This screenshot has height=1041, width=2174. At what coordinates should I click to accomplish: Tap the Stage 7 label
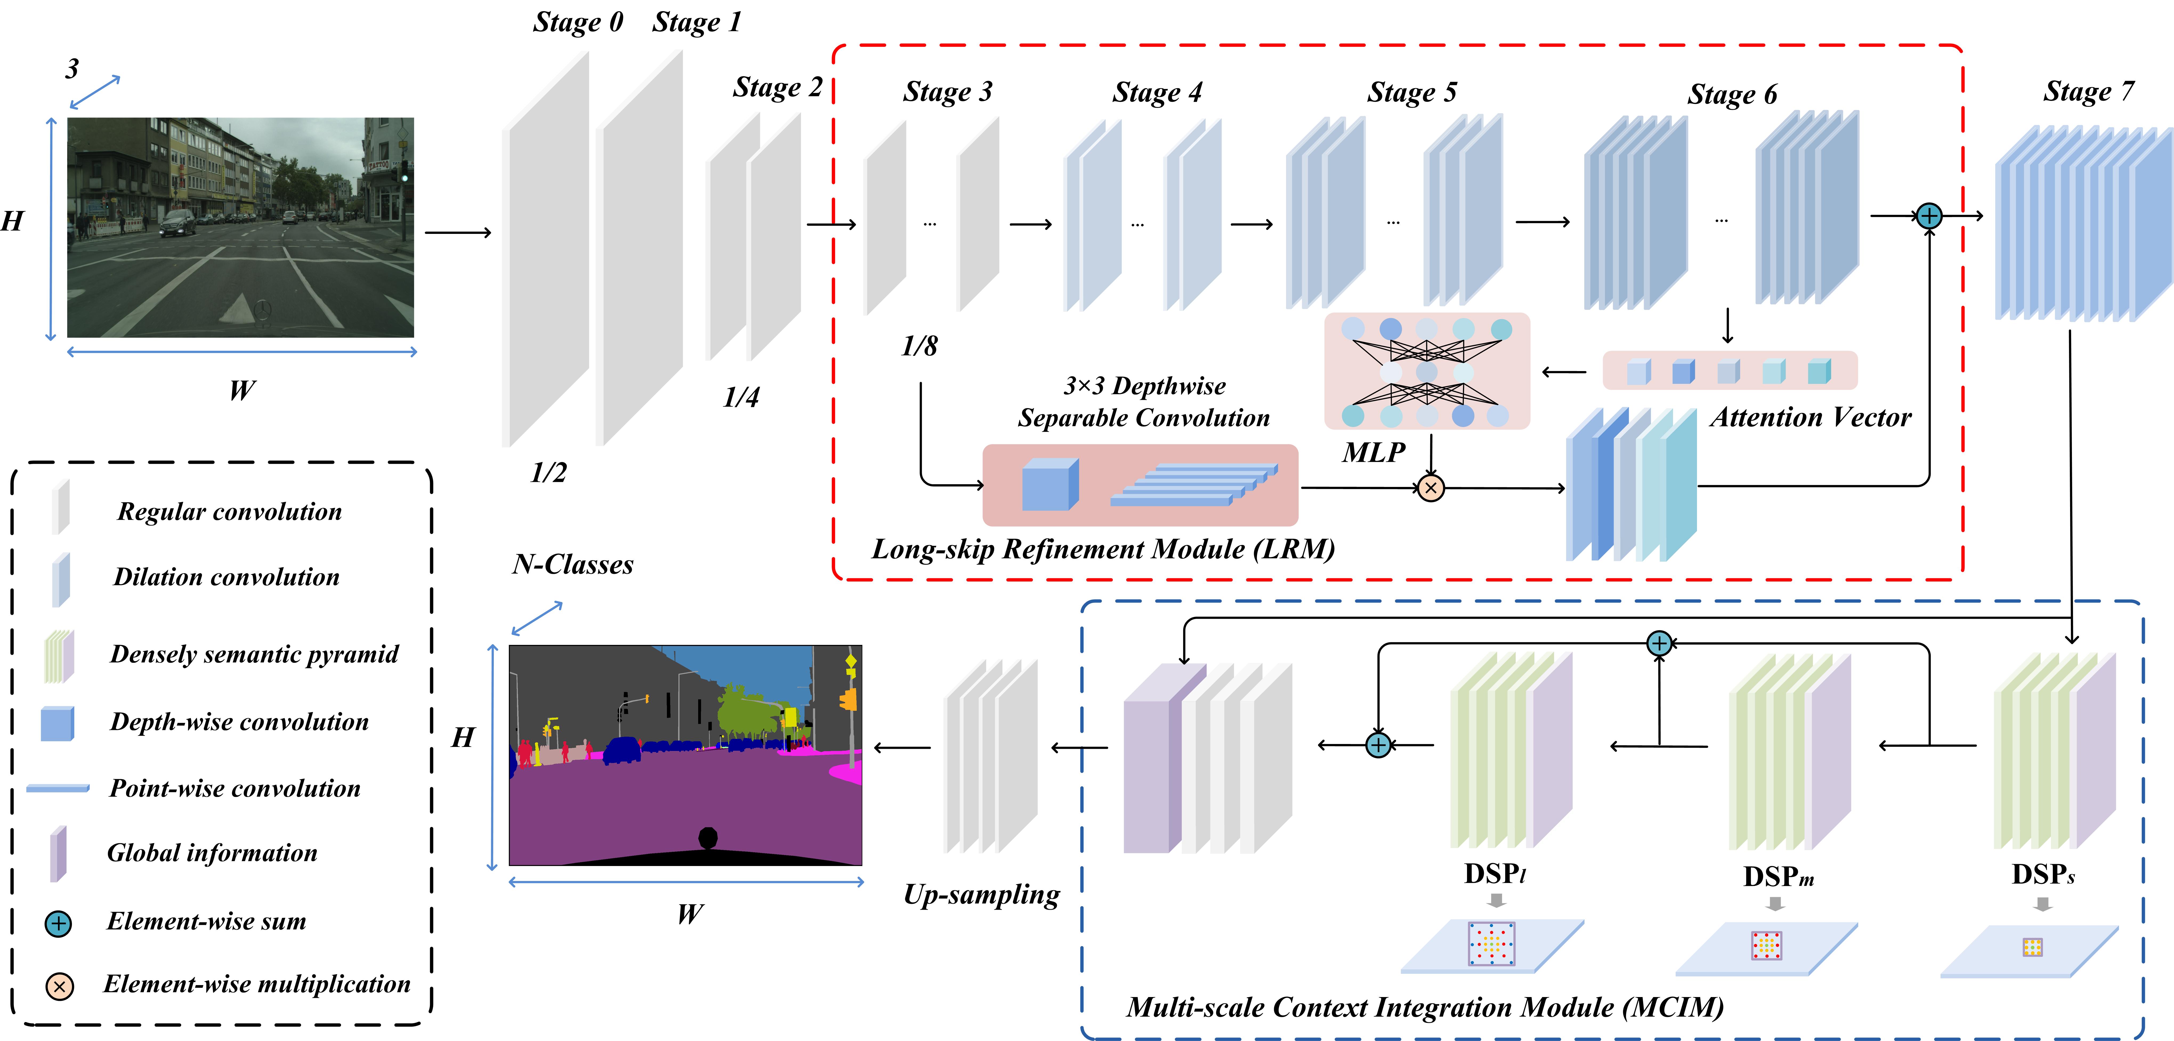2088,91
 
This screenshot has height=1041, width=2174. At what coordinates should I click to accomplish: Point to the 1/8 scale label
919,346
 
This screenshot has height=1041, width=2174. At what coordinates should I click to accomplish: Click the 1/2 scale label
549,472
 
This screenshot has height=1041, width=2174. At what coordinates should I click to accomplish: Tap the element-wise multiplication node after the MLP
1431,487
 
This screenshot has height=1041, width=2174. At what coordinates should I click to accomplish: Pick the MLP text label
1373,452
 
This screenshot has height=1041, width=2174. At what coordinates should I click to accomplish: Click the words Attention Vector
1810,417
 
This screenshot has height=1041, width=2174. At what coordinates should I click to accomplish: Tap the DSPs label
2042,874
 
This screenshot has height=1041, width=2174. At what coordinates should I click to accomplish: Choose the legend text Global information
212,853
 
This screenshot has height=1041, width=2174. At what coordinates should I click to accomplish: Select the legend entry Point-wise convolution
235,788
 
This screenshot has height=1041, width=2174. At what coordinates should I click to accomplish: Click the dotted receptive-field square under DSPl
1491,943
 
